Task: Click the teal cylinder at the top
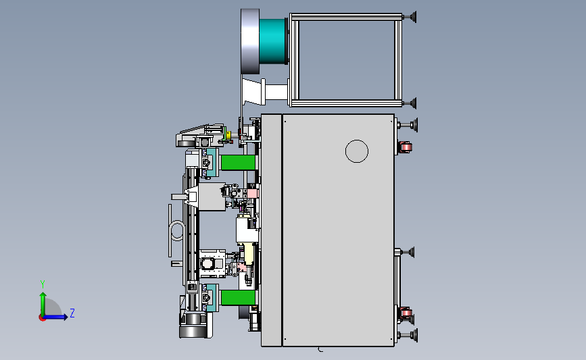click(273, 41)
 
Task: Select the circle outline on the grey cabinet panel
click(357, 140)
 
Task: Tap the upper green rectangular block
click(238, 163)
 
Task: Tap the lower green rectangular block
click(238, 298)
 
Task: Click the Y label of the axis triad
click(43, 284)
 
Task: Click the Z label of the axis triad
click(72, 313)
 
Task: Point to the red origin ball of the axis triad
click(42, 318)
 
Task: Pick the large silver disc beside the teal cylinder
click(250, 41)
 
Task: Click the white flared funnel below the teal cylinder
click(254, 92)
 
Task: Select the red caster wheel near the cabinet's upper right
click(405, 147)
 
